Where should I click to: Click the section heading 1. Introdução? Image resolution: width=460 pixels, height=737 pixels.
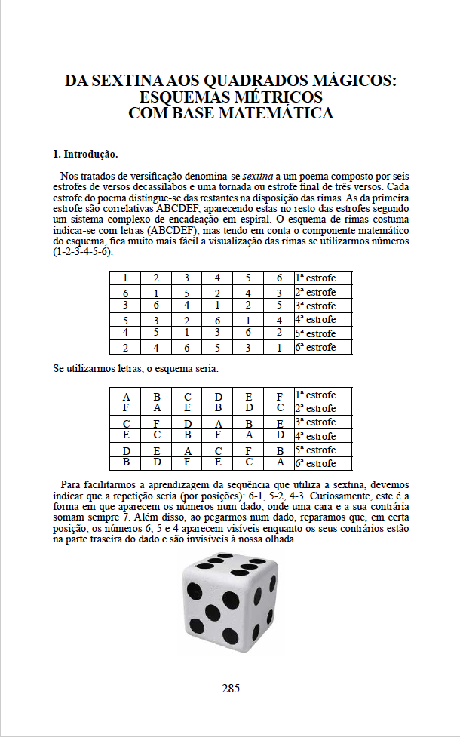84,155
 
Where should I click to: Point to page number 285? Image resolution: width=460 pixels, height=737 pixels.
231,688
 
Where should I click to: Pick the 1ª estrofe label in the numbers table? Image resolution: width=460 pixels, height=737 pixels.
315,278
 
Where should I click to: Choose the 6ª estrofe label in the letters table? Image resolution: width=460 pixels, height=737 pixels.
315,463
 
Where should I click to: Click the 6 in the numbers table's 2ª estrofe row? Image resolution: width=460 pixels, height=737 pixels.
125,292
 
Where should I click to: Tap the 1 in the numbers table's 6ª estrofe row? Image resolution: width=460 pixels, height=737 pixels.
279,348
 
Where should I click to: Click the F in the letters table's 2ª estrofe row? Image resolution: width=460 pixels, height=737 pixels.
125,408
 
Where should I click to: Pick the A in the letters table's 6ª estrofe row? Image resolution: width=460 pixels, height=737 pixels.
279,462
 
